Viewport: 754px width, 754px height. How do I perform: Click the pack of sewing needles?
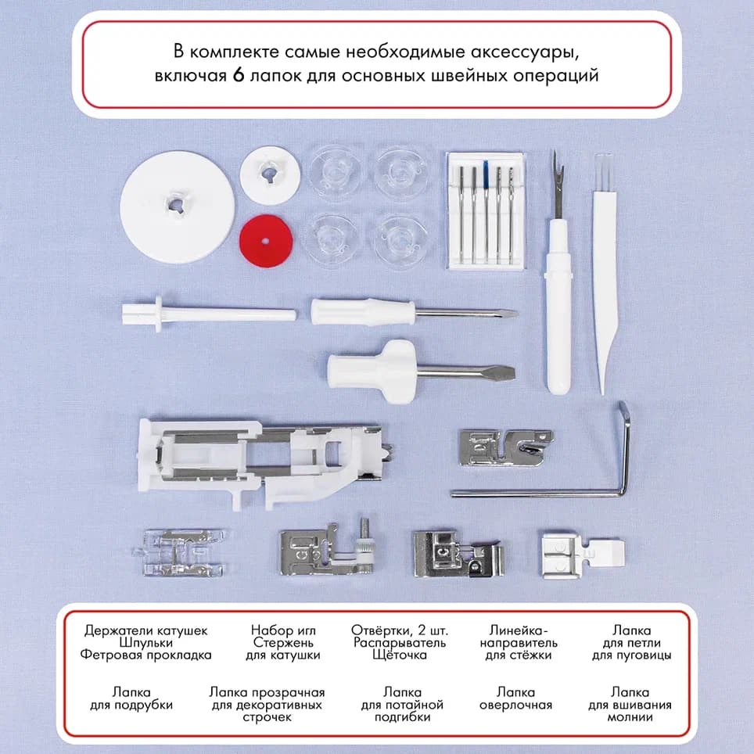pos(485,210)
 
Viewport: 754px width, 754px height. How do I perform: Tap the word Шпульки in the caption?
pos(146,642)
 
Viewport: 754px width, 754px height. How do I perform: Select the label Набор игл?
pos(282,630)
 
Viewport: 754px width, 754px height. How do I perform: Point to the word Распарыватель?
pos(399,642)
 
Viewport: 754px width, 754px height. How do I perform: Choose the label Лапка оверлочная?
pos(516,698)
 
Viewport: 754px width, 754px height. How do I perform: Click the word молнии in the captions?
pos(630,716)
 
